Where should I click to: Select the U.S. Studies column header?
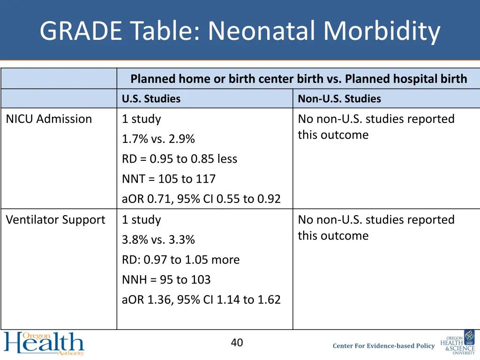[151, 99]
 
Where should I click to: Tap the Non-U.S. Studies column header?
[339, 99]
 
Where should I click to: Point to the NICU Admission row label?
[49, 119]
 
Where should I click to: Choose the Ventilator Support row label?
[55, 220]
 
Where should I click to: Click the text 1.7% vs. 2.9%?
[158, 139]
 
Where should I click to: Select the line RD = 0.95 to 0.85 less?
[180, 159]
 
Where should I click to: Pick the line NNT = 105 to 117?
[169, 179]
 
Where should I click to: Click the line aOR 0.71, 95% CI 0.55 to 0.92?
[201, 199]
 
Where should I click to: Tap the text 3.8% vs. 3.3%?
[158, 240]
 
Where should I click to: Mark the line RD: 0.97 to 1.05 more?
[180, 260]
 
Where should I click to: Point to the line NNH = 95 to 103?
[166, 280]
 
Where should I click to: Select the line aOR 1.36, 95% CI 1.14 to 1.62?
[201, 300]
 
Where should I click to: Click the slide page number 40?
[237, 343]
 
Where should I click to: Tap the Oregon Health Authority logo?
[44, 344]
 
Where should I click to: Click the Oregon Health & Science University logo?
[458, 345]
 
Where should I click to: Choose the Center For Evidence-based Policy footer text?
[383, 346]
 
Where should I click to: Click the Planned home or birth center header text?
[299, 79]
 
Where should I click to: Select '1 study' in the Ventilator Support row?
[141, 220]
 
